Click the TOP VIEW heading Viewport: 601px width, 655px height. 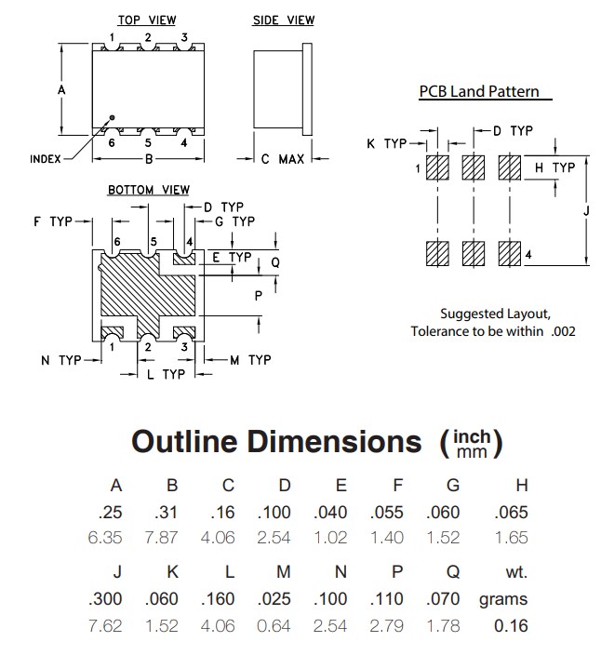[147, 20]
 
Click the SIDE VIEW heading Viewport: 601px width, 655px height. [284, 20]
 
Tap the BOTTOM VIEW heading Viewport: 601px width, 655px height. [149, 190]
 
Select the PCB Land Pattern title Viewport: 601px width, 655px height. [478, 92]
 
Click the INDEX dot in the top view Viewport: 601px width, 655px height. [113, 118]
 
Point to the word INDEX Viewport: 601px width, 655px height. [45, 159]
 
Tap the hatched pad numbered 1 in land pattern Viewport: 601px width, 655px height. [437, 168]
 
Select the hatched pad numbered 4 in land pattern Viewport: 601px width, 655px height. [509, 253]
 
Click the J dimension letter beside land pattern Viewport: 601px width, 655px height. [586, 211]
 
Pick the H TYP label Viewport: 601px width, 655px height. [555, 167]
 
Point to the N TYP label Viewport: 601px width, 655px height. [60, 360]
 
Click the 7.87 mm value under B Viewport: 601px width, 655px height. [171, 538]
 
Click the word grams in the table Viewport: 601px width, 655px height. [503, 599]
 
